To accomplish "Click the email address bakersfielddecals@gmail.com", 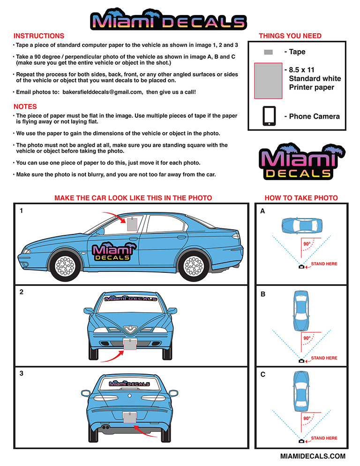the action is click(x=102, y=92).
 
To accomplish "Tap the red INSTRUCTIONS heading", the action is click(x=38, y=36).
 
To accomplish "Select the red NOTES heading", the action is click(x=25, y=107).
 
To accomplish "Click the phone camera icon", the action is click(x=269, y=116).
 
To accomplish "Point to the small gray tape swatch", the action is click(x=269, y=52).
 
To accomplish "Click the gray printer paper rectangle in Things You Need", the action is click(x=268, y=81).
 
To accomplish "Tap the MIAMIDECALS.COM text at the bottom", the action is click(x=313, y=456).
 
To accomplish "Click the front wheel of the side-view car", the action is click(x=65, y=265).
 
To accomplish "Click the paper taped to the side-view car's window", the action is click(x=132, y=224).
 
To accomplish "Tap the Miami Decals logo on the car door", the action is click(x=113, y=252).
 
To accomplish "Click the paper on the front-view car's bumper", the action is click(x=130, y=344).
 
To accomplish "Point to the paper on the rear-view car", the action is click(x=130, y=418).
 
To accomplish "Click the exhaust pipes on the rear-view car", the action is click(x=105, y=428).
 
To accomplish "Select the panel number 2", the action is click(x=22, y=292).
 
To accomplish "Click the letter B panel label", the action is click(x=263, y=294).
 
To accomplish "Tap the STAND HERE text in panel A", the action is click(x=324, y=264).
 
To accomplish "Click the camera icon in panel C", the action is click(x=301, y=441).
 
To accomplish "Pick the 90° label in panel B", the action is click(x=307, y=338).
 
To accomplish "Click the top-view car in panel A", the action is click(x=302, y=225).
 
